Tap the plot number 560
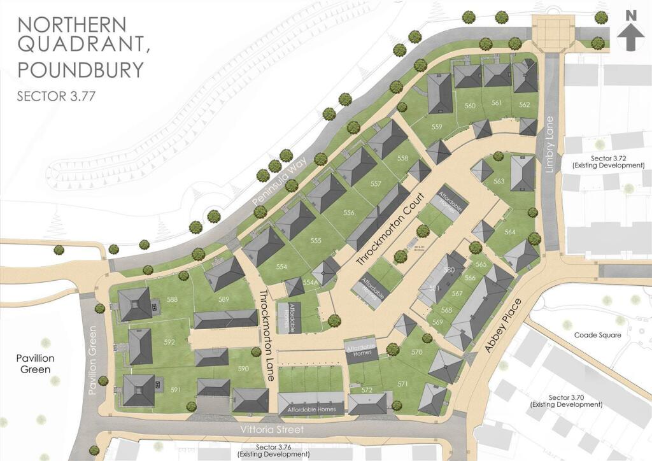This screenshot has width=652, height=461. (471, 106)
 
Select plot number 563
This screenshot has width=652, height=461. (499, 182)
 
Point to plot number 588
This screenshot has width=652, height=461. (172, 299)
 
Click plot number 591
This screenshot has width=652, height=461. (176, 390)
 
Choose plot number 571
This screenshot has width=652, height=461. (402, 384)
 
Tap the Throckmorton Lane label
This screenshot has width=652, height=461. (267, 335)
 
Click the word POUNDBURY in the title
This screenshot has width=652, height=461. (80, 68)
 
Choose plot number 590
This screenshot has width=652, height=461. (243, 369)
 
